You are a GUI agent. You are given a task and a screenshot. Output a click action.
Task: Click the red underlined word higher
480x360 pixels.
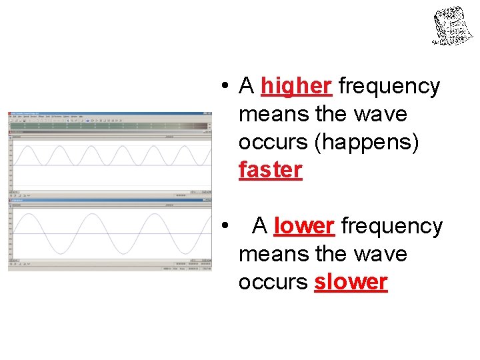click(x=296, y=86)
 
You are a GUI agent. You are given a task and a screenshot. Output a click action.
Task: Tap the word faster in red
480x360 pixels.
click(x=270, y=170)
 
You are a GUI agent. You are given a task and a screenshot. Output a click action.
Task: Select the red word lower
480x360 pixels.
click(x=303, y=227)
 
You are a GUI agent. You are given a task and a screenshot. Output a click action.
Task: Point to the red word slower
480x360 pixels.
click(x=351, y=282)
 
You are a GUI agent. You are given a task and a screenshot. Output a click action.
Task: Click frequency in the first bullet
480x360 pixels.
click(x=389, y=86)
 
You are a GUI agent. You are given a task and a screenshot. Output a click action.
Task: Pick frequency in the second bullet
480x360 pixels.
click(x=392, y=227)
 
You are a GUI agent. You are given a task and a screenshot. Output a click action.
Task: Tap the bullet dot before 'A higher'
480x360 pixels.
click(x=227, y=87)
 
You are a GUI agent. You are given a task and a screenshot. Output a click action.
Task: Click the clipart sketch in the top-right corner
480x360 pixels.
click(x=454, y=25)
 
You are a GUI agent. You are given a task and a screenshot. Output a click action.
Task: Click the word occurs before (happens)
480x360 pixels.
click(x=273, y=143)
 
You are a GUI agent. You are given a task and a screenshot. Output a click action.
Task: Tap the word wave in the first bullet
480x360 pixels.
click(x=381, y=115)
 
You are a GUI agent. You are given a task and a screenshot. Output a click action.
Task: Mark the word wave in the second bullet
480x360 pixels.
click(x=381, y=255)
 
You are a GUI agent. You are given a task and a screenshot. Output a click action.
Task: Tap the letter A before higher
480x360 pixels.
click(x=247, y=86)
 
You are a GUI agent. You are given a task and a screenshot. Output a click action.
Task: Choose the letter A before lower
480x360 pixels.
click(x=260, y=227)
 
